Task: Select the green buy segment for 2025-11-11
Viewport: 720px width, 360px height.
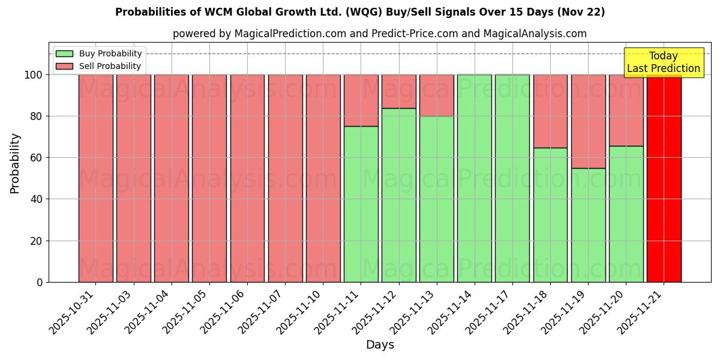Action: coord(361,204)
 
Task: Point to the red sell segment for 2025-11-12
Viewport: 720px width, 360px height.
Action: coord(398,91)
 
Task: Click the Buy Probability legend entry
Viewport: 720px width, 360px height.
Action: coord(99,53)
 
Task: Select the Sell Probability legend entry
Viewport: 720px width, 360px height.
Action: coord(99,66)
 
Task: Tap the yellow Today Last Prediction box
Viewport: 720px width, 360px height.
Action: coord(663,62)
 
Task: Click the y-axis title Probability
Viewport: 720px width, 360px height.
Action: coord(15,163)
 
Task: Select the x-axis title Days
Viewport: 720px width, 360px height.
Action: coord(380,345)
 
